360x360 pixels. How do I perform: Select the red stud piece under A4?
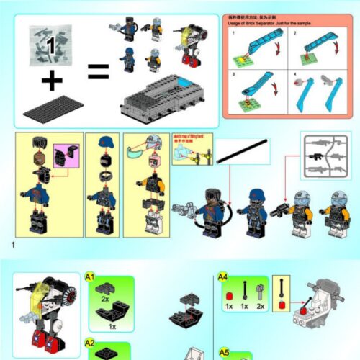click(229, 295)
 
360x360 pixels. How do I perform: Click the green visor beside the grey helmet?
click(132, 153)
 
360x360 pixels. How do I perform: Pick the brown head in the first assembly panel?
click(42, 158)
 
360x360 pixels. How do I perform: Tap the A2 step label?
click(90, 343)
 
